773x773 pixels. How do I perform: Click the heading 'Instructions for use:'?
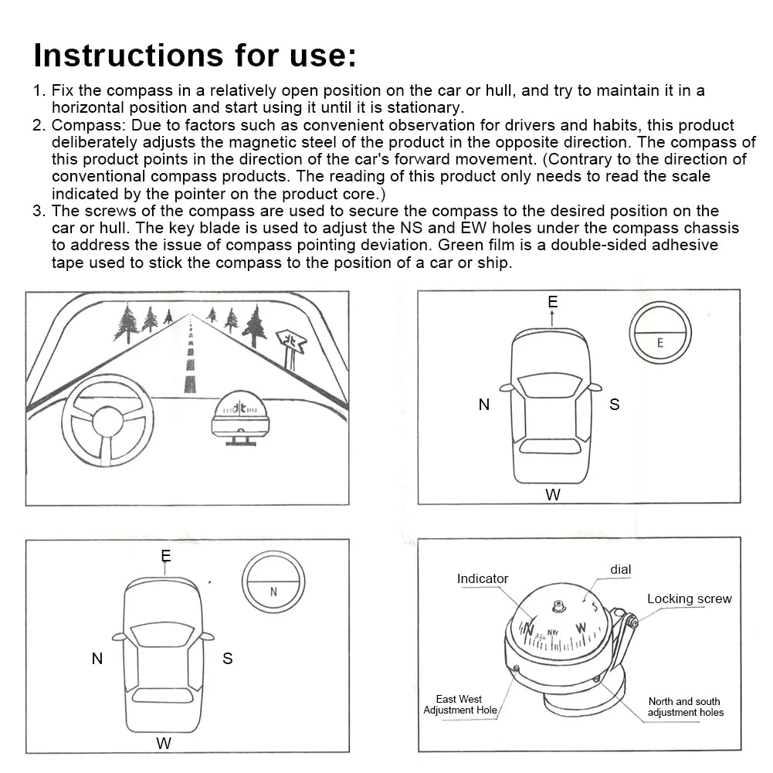click(x=195, y=56)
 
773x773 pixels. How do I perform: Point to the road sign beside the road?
click(x=290, y=344)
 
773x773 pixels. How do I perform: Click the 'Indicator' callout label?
click(x=483, y=578)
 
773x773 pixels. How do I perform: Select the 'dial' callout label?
click(x=620, y=569)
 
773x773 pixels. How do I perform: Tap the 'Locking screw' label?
click(x=689, y=598)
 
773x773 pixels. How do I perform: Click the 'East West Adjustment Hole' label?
click(x=459, y=704)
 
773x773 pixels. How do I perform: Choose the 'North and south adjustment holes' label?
click(x=685, y=707)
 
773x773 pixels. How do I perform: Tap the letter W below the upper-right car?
click(x=553, y=495)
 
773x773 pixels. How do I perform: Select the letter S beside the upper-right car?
click(x=614, y=404)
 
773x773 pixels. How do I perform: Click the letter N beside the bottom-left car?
click(x=97, y=659)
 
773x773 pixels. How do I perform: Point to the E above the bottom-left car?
click(x=166, y=556)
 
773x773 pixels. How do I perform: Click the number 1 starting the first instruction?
click(x=38, y=90)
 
